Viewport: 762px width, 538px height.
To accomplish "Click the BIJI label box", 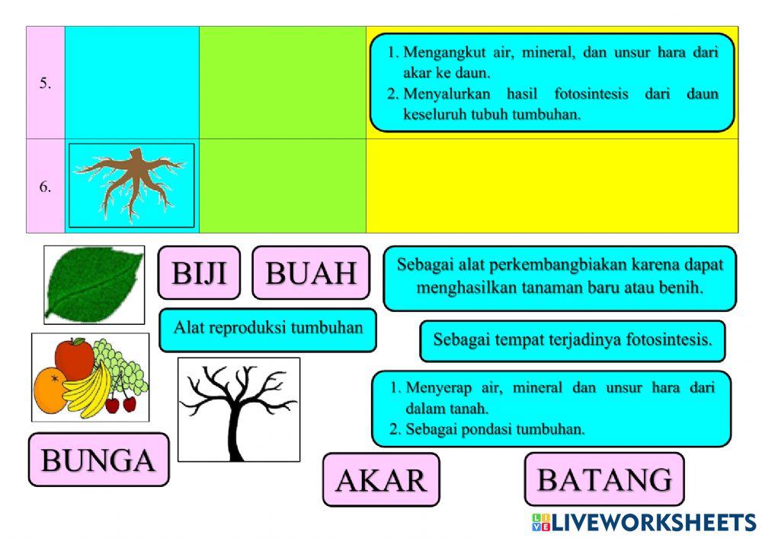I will (x=199, y=272).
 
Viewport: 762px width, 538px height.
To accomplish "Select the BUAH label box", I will (x=311, y=272).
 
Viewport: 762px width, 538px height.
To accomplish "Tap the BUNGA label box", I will (x=98, y=460).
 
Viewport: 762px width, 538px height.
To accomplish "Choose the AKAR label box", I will (x=381, y=479).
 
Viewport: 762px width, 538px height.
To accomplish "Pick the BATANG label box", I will (x=604, y=479).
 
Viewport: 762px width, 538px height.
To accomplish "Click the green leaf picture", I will (x=94, y=285).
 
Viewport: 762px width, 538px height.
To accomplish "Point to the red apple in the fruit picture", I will (x=75, y=357).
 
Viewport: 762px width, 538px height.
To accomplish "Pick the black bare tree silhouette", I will (x=239, y=409).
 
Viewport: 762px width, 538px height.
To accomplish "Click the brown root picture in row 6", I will (x=132, y=185).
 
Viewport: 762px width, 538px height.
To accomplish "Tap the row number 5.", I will (x=46, y=84).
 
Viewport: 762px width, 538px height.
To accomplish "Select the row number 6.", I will (x=46, y=186).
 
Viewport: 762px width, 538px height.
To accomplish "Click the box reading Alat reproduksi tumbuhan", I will (x=267, y=329).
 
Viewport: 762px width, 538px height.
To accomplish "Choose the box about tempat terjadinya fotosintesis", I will (x=572, y=340).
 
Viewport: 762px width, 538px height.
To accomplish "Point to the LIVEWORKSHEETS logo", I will (x=644, y=522).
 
